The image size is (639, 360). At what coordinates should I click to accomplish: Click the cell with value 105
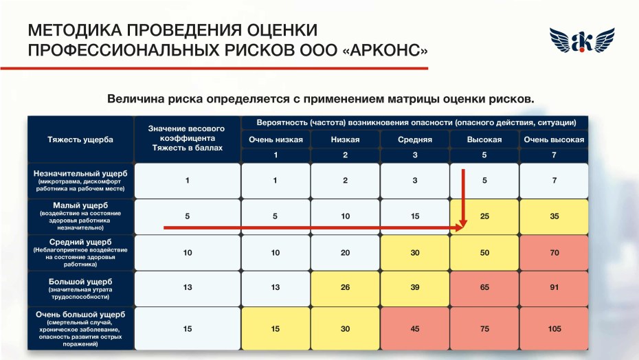[x=554, y=329]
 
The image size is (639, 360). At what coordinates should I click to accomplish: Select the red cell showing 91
[x=554, y=287]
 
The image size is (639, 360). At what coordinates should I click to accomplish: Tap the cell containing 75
[x=484, y=329]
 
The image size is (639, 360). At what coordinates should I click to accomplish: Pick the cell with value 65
[x=484, y=287]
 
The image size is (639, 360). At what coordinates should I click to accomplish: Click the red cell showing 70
[x=554, y=253]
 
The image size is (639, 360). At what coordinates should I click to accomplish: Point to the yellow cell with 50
[x=484, y=253]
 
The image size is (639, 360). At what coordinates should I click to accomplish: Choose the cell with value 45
[x=414, y=329]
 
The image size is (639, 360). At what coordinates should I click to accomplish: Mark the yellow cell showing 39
[x=414, y=287]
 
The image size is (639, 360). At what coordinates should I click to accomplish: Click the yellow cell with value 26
[x=345, y=287]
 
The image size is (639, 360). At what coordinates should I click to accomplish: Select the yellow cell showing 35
[x=554, y=216]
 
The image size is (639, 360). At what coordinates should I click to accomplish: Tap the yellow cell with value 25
[x=485, y=216]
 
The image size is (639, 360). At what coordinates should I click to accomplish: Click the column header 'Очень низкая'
[x=275, y=139]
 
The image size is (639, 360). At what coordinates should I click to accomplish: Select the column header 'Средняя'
[x=414, y=139]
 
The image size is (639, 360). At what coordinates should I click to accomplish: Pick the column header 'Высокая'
[x=484, y=139]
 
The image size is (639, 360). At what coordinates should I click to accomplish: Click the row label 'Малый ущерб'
[x=80, y=205]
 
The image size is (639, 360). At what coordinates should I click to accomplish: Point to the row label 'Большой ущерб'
[x=80, y=282]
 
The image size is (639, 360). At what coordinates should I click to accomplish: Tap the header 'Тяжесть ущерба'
[x=80, y=139]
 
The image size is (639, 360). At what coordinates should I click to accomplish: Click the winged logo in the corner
[x=581, y=42]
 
